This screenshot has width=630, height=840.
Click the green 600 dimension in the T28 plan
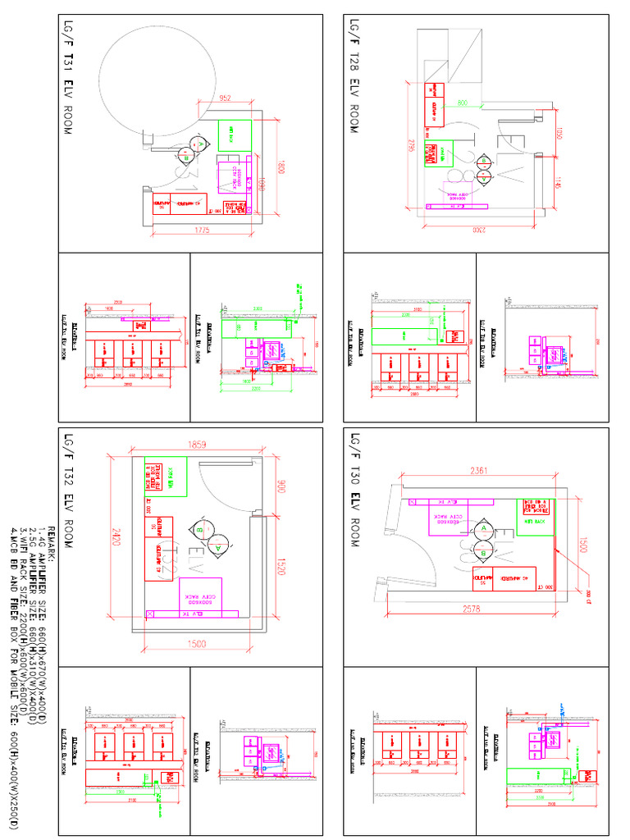pos(463,103)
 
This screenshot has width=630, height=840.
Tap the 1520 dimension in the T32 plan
pos(281,566)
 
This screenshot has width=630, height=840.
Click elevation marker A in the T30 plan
pos(483,527)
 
